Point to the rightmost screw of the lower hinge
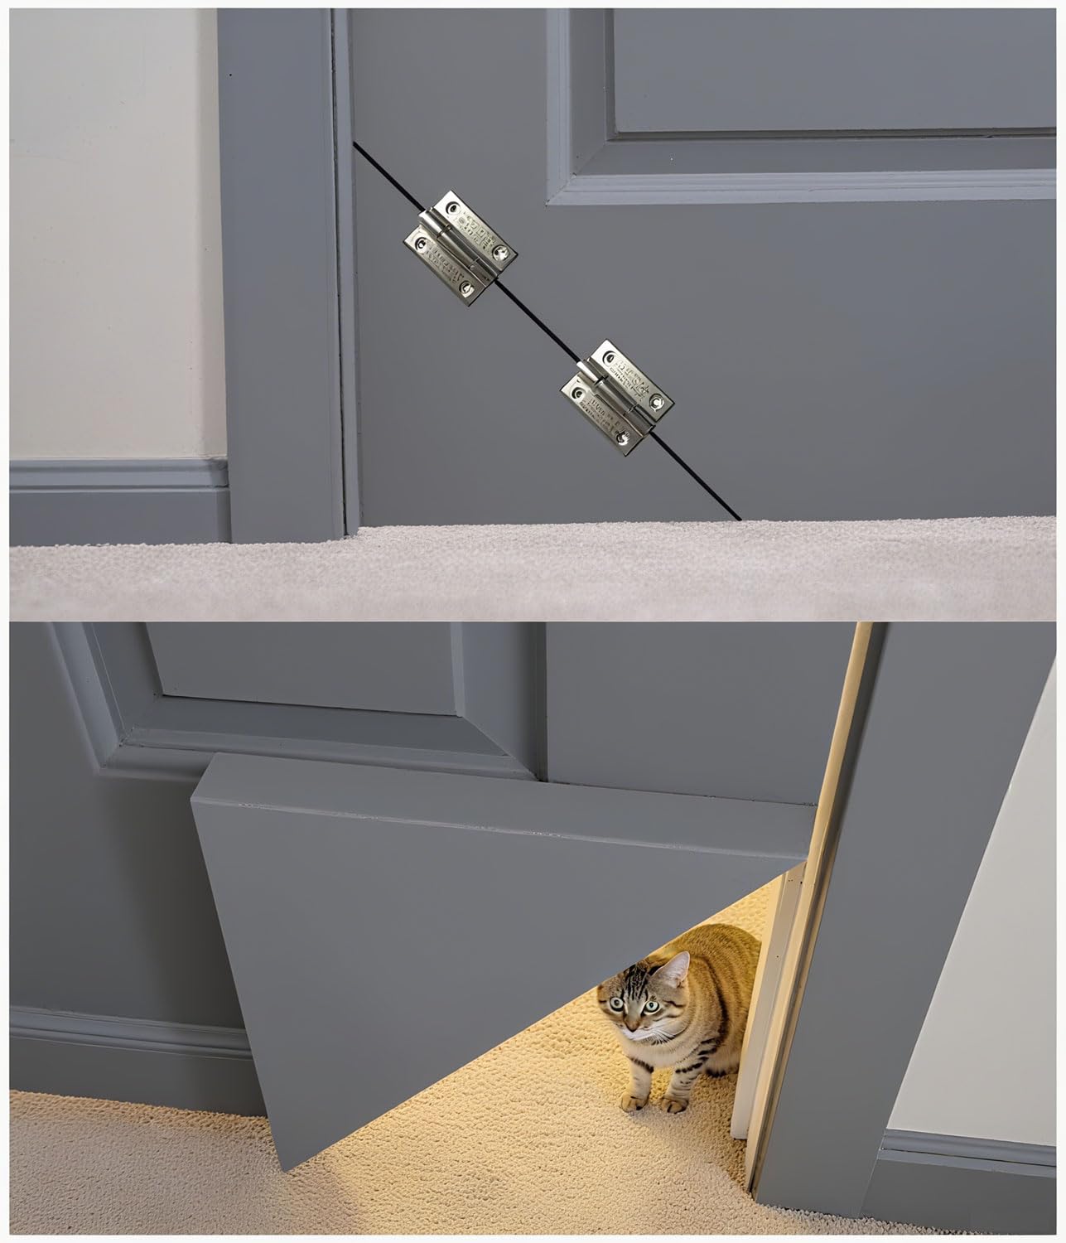pos(658,402)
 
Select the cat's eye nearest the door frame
pos(652,1006)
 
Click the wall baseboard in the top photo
pos(116,497)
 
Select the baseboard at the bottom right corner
pos(969,1177)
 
